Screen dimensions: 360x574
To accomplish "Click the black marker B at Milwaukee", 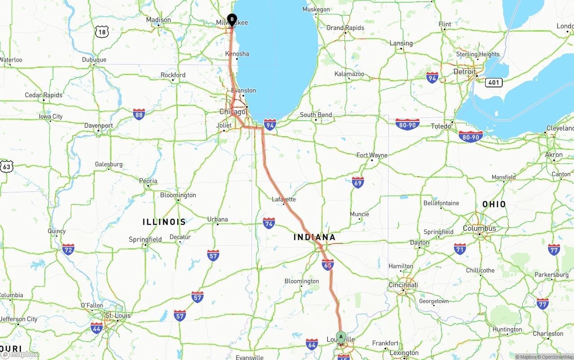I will pos(232,19).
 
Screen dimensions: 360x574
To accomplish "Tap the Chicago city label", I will pos(232,112).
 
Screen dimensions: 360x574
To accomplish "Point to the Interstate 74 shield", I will pos(269,223).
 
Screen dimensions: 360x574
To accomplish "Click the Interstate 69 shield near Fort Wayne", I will pos(358,182).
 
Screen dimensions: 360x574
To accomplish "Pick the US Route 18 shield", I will pos(102,31).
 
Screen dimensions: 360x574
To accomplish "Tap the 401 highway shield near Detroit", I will pos(493,82).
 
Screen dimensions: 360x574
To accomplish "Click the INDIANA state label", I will pos(314,237).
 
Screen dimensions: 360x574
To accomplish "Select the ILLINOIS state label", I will pos(164,222).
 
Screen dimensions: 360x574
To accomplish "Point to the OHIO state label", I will pos(494,204).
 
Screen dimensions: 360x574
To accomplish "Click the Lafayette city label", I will pos(284,199).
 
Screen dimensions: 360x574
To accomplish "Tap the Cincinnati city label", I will pos(403,285).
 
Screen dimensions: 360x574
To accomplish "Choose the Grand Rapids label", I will pos(345,28).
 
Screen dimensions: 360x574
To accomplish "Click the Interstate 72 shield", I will pos(68,249).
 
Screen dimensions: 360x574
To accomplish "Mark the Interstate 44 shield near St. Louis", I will pos(97,328).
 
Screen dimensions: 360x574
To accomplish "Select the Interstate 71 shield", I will pos(460,249).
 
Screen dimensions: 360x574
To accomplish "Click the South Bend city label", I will pos(316,115).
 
